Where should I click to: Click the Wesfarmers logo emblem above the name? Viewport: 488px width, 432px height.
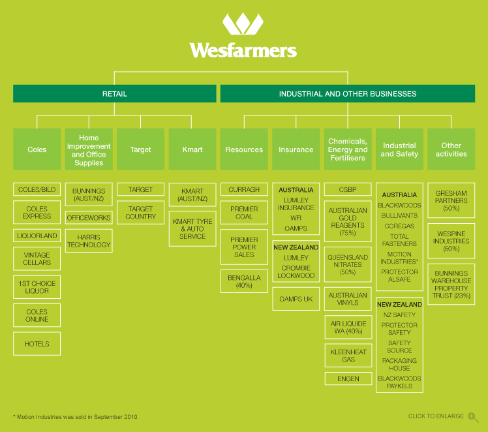pos(243,25)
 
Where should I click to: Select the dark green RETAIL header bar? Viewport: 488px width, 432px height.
pos(115,94)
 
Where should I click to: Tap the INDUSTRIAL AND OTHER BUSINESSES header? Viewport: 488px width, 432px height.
pos(348,94)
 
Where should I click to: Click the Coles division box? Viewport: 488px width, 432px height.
pos(37,149)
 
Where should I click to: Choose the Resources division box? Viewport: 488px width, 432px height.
pos(244,149)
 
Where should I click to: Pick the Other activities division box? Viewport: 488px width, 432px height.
pos(451,149)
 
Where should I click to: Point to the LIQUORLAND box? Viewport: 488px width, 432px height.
pos(37,236)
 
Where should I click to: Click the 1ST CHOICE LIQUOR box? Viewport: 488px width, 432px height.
pos(37,288)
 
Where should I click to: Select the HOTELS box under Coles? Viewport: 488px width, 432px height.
pos(37,344)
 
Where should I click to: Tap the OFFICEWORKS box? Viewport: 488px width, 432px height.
pos(89,218)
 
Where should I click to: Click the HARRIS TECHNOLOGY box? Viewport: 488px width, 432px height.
pos(89,241)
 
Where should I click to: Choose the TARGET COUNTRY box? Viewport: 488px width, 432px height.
pos(140,213)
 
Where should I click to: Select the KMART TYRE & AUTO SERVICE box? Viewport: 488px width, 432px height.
pos(192,229)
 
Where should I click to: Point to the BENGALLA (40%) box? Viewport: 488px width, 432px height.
pos(244,282)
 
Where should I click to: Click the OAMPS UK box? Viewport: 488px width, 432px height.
pos(296,299)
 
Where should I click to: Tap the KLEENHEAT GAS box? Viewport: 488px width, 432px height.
pos(348,356)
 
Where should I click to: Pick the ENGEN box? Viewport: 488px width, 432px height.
pos(348,378)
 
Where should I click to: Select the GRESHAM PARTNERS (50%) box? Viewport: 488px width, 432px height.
pos(451,200)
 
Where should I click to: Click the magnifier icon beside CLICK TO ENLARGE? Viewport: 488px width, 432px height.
pos(473,417)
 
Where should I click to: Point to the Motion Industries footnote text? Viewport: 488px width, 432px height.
pos(76,416)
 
